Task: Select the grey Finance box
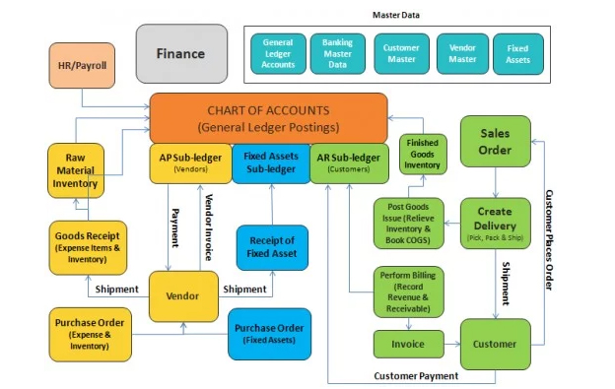[x=180, y=51]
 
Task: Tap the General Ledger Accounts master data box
[x=278, y=53]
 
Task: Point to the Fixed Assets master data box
[x=517, y=53]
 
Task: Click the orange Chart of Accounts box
[x=267, y=117]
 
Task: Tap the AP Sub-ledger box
[x=190, y=162]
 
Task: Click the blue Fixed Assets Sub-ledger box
[x=270, y=162]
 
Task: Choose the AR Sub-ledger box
[x=349, y=162]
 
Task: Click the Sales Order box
[x=495, y=142]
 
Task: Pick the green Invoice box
[x=406, y=345]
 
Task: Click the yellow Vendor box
[x=182, y=295]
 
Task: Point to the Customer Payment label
[x=415, y=375]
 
